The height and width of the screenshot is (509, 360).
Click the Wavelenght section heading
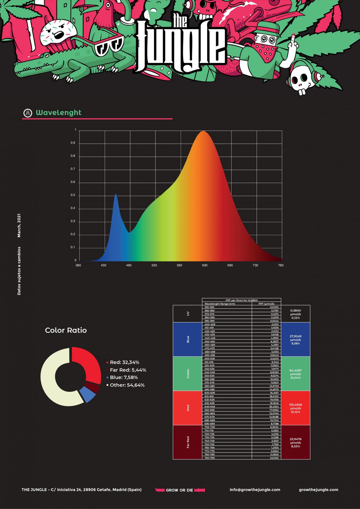point(58,113)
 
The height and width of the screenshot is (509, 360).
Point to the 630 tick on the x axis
point(205,265)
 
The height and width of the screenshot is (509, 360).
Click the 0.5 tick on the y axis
point(73,195)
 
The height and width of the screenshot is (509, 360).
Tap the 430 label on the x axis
point(103,265)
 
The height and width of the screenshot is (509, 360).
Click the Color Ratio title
point(66,330)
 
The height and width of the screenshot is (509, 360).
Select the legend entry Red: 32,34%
point(124,362)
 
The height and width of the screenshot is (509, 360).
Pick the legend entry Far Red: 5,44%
point(128,370)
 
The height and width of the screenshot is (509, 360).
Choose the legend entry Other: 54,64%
point(127,385)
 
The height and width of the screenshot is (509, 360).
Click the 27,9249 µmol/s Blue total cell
point(295,340)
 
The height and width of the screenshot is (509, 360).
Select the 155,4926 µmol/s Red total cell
point(295,408)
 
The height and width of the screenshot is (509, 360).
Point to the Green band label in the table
point(188,374)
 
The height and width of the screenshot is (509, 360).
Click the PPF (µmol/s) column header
point(266,304)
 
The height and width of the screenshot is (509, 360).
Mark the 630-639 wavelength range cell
point(210,403)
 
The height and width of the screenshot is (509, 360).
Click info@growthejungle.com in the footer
point(255,490)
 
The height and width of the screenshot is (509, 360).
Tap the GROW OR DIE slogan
point(179,490)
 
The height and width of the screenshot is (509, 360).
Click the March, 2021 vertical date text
point(19,225)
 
